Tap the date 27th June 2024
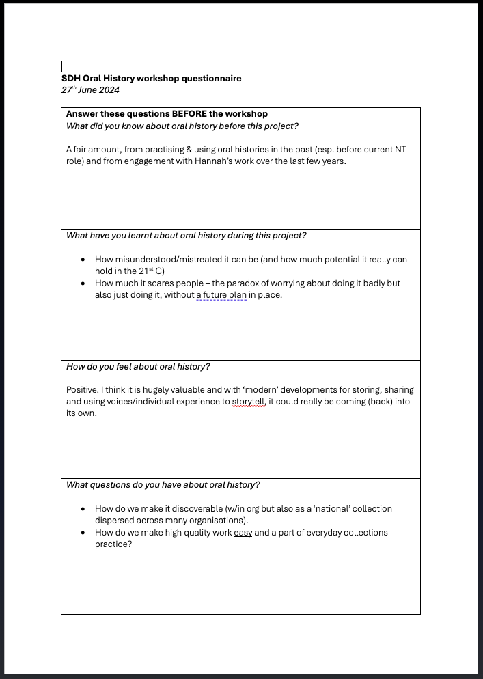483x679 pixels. click(x=90, y=90)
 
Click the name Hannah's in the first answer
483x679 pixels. click(x=210, y=161)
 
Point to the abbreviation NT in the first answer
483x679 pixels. click(x=400, y=150)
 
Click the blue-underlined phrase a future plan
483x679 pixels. click(x=221, y=295)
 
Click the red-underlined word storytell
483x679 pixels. click(x=249, y=402)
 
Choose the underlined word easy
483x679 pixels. click(x=243, y=533)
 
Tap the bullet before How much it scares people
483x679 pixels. click(x=83, y=283)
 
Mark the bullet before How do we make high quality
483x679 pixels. click(x=83, y=533)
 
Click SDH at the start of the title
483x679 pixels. click(x=71, y=79)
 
